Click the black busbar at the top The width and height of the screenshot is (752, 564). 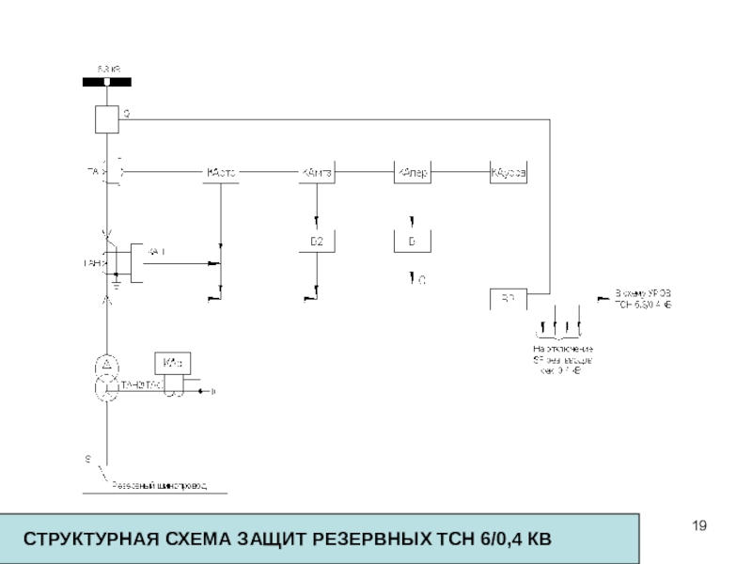(x=106, y=83)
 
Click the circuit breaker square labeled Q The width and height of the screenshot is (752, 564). (x=106, y=119)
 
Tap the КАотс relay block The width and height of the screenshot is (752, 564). (x=220, y=173)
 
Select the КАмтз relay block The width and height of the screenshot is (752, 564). (x=317, y=173)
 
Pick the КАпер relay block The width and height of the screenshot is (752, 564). (x=412, y=173)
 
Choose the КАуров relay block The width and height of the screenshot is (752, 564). (x=509, y=173)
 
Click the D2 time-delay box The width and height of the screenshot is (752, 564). (x=317, y=242)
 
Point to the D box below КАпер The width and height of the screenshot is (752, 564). (x=412, y=242)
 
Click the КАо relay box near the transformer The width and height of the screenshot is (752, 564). (x=173, y=363)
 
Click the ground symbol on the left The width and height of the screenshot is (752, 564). (x=114, y=278)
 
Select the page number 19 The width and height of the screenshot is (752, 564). (x=697, y=525)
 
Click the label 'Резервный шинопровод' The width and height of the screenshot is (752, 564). (x=160, y=485)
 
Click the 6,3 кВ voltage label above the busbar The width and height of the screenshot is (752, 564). (x=110, y=69)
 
